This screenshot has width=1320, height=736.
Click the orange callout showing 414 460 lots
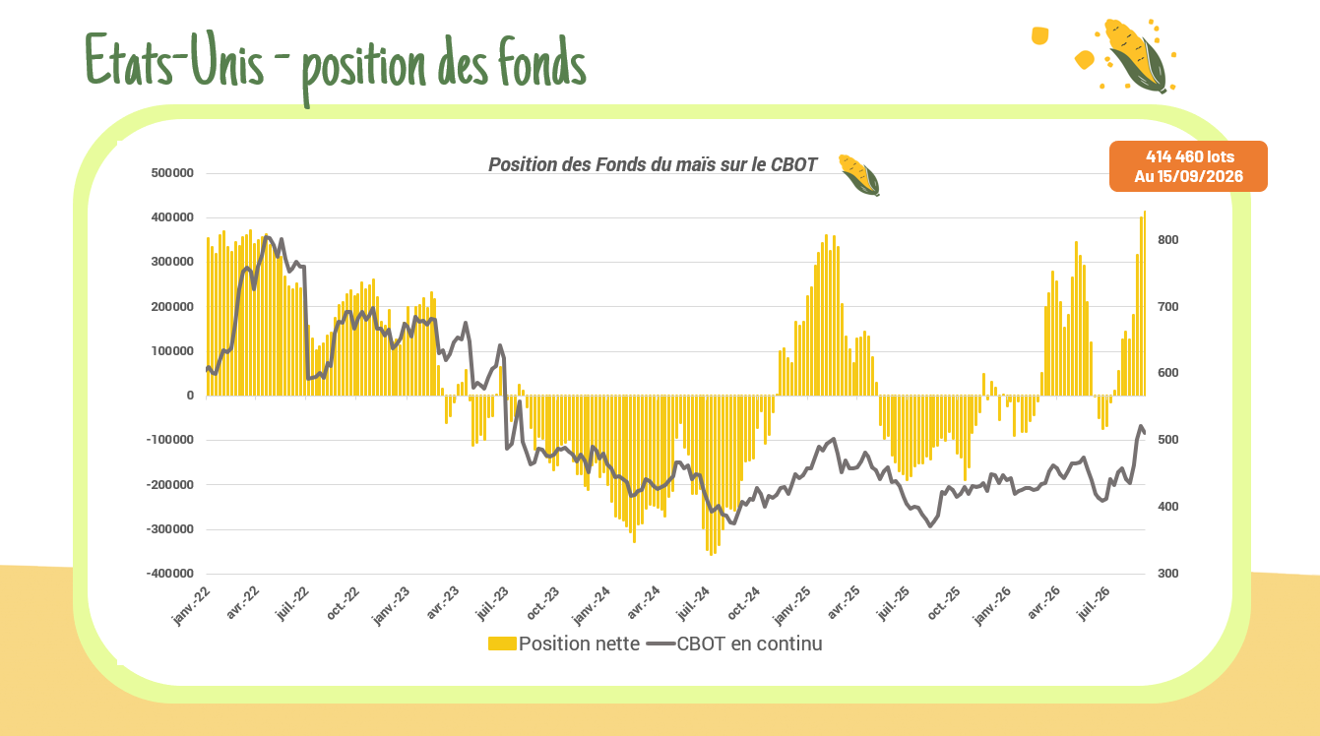tap(1188, 166)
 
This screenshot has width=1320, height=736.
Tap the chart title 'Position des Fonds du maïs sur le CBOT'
tap(653, 164)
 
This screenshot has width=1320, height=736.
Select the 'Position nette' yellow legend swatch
tap(502, 644)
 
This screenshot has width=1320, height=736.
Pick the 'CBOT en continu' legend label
tap(749, 644)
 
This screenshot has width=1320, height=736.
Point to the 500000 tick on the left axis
tap(172, 173)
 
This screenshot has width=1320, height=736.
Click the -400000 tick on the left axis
tap(169, 574)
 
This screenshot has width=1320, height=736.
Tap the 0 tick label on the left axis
tap(190, 396)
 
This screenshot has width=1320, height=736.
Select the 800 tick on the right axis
tap(1167, 240)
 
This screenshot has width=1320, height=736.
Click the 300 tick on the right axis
tap(1167, 574)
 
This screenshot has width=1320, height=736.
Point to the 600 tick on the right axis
tap(1167, 373)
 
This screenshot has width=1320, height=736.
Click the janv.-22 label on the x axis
tap(191, 605)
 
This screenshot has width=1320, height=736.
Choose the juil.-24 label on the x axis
tap(693, 603)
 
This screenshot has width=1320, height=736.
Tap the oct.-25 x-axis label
tap(944, 603)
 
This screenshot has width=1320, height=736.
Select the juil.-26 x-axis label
tap(1094, 603)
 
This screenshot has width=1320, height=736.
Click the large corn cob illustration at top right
tap(1135, 55)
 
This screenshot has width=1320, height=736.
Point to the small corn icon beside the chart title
tap(859, 175)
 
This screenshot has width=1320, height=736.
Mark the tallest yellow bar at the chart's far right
tap(1145, 303)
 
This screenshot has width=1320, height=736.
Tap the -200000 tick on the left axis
tap(169, 484)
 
